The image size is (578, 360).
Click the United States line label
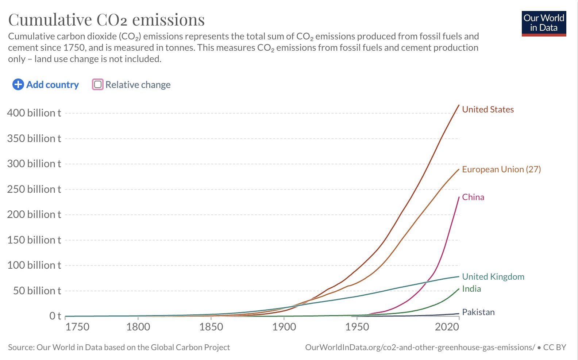point(488,110)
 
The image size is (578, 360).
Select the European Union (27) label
point(501,169)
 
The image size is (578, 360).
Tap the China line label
point(473,197)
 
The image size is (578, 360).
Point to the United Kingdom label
point(493,277)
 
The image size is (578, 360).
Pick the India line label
point(471,289)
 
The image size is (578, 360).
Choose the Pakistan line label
point(478,312)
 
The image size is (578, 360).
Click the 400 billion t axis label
point(34,113)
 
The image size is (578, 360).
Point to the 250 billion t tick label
point(34,189)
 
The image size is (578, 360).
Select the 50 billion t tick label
point(37,291)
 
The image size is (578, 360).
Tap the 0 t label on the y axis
point(55,316)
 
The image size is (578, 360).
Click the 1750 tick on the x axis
point(77,327)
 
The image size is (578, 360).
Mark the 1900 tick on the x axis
point(284,327)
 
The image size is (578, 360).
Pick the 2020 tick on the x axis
point(447,327)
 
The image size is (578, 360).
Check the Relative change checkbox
point(98,85)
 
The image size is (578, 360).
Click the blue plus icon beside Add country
point(18,85)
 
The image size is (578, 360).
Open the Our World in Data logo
point(544,23)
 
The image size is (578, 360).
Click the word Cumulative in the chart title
point(50,20)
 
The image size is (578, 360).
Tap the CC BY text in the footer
point(554,348)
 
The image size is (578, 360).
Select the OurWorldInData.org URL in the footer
point(420,348)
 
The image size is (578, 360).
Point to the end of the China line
point(459,197)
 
